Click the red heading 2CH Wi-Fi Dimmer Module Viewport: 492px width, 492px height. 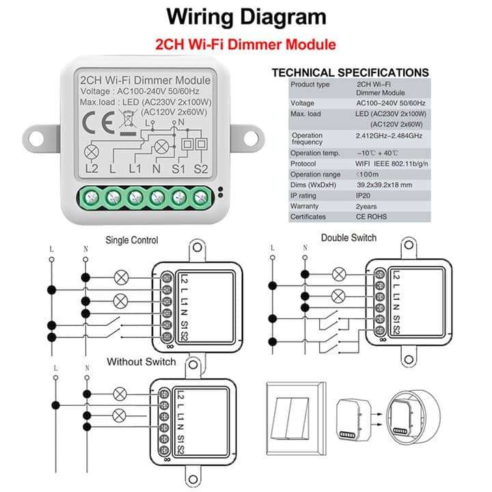click(x=246, y=45)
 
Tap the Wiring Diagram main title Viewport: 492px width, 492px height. click(x=246, y=16)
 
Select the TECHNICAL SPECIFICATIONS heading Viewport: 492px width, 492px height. click(x=350, y=72)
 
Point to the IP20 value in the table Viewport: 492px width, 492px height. click(x=366, y=195)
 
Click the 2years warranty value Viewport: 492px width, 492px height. click(x=368, y=206)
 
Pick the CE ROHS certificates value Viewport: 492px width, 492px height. click(x=372, y=217)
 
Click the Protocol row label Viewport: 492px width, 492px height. click(x=304, y=163)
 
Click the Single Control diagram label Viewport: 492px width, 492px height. click(x=132, y=240)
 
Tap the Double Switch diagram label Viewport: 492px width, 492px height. click(x=348, y=238)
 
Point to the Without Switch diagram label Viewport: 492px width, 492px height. click(x=141, y=361)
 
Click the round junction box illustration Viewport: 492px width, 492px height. click(x=407, y=417)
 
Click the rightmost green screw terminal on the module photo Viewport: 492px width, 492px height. click(x=200, y=198)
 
